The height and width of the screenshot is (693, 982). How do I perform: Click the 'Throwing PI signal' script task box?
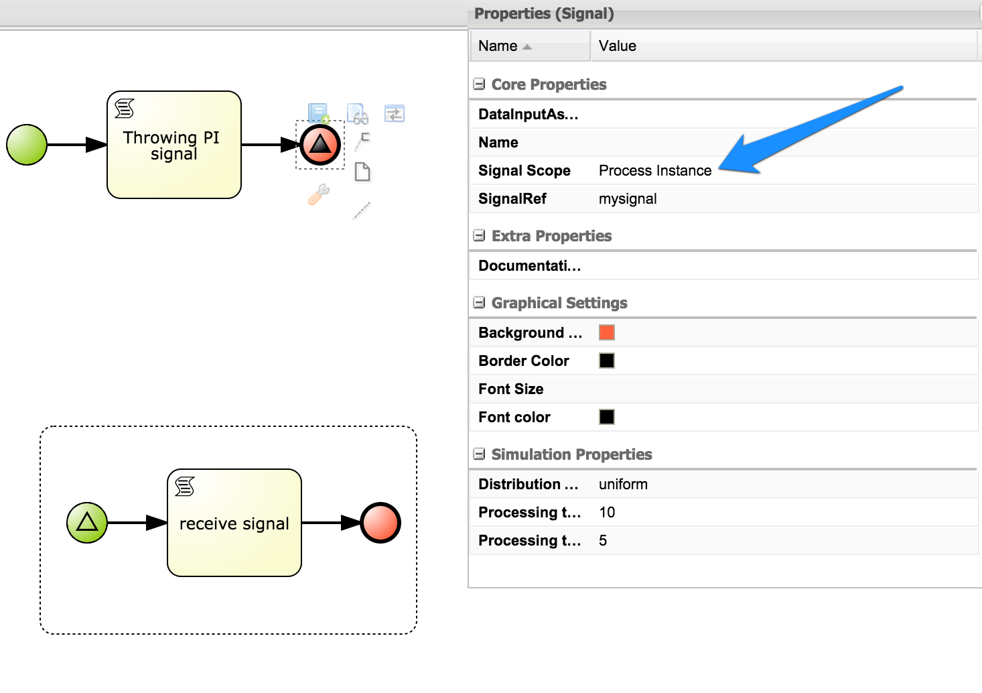[173, 145]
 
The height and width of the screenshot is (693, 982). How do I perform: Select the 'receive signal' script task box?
[234, 523]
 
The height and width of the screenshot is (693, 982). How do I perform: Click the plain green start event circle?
[27, 145]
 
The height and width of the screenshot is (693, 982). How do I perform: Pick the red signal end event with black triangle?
[320, 145]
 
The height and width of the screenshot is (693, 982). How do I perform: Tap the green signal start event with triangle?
[87, 523]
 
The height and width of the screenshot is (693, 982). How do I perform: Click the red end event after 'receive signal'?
[380, 523]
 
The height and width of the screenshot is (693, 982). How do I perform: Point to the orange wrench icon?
[319, 194]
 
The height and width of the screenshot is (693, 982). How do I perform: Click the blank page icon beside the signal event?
[362, 172]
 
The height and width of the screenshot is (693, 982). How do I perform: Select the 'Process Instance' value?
[654, 171]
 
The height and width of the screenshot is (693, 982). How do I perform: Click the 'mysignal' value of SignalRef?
[628, 199]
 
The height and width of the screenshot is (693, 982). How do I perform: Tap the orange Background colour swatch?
[607, 332]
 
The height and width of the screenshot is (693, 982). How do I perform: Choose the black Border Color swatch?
[607, 361]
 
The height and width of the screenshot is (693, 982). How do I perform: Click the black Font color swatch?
[607, 417]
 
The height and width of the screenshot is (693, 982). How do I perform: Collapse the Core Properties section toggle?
[479, 84]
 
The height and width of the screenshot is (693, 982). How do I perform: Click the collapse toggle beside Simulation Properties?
[479, 454]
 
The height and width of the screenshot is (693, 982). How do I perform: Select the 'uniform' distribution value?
[623, 485]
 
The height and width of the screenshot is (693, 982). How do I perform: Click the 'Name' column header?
[498, 46]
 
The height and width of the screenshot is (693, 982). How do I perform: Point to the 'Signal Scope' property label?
[524, 171]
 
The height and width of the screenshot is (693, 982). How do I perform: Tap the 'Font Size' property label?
[511, 389]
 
